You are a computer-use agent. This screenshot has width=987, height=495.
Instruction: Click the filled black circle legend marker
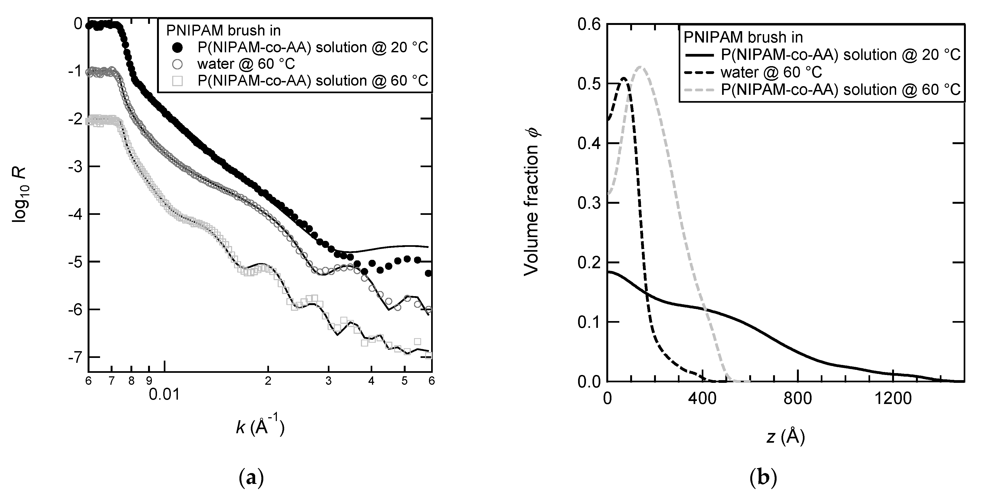177,47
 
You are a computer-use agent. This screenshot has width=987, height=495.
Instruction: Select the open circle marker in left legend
177,64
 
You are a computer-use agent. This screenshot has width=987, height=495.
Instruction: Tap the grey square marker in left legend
177,81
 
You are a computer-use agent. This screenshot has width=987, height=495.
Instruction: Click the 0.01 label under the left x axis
164,394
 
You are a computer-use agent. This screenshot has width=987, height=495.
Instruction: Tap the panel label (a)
251,478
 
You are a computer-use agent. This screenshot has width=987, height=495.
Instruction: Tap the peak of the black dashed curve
624,79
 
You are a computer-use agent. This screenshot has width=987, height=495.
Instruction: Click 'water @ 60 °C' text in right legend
771,72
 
